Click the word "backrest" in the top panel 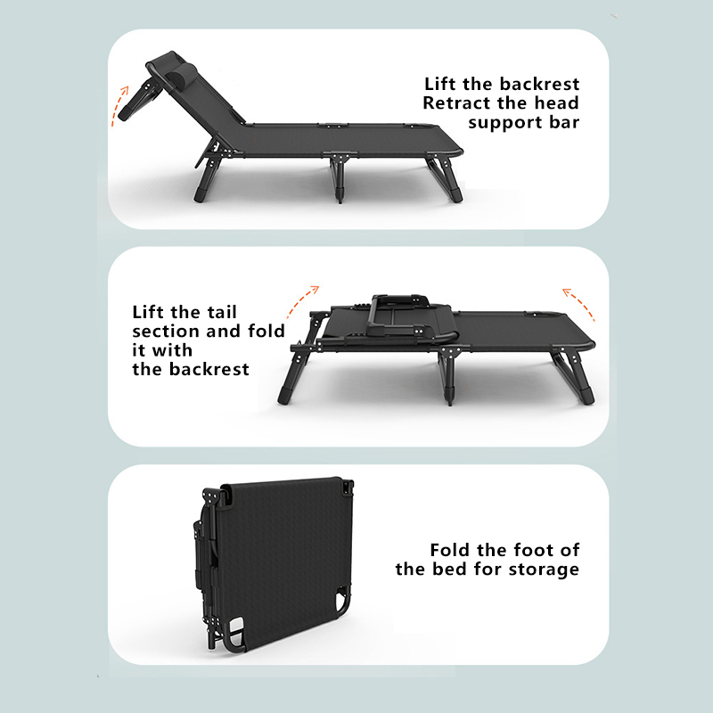coord(539,84)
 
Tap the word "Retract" coord(456,103)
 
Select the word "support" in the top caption coord(504,124)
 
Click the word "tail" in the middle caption coord(222,312)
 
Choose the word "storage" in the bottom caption coord(544,570)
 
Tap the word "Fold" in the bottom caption coord(451,550)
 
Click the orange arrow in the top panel coord(119,105)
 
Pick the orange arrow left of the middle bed coord(302,300)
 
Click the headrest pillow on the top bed coord(185,72)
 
